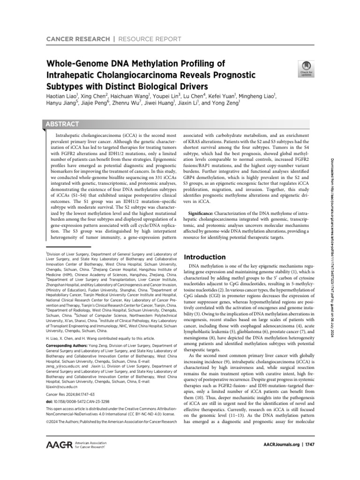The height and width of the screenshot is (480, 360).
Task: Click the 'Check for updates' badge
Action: tap(300, 69)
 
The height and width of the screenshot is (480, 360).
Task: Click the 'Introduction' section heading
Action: tap(205, 257)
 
